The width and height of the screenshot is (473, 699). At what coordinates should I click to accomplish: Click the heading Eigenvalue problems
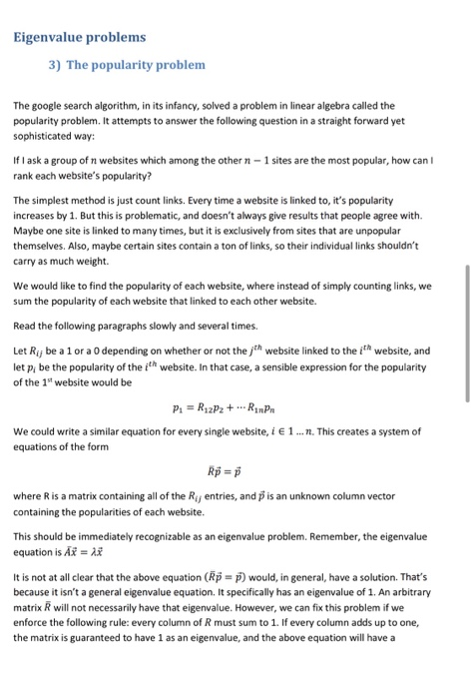pos(80,37)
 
